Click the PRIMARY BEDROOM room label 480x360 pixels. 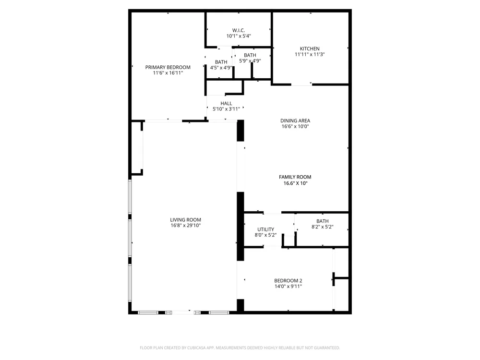(168, 67)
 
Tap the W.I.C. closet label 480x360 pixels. (239, 30)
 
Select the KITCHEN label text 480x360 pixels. (310, 48)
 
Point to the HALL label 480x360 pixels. (226, 104)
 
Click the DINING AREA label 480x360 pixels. (295, 120)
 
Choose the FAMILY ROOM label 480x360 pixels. (295, 177)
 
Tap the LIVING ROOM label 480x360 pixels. (185, 220)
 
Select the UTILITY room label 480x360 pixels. (266, 229)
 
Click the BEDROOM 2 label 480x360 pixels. (288, 281)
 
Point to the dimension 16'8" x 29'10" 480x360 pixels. (185, 226)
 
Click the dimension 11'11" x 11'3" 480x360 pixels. (310, 55)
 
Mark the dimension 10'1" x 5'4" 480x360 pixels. (239, 36)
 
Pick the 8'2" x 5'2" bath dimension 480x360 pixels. (323, 227)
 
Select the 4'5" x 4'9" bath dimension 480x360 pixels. (221, 68)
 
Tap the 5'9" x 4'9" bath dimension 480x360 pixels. (250, 61)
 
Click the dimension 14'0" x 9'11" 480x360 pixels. (288, 287)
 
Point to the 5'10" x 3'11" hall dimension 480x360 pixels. (226, 109)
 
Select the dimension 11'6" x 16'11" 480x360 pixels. (168, 73)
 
